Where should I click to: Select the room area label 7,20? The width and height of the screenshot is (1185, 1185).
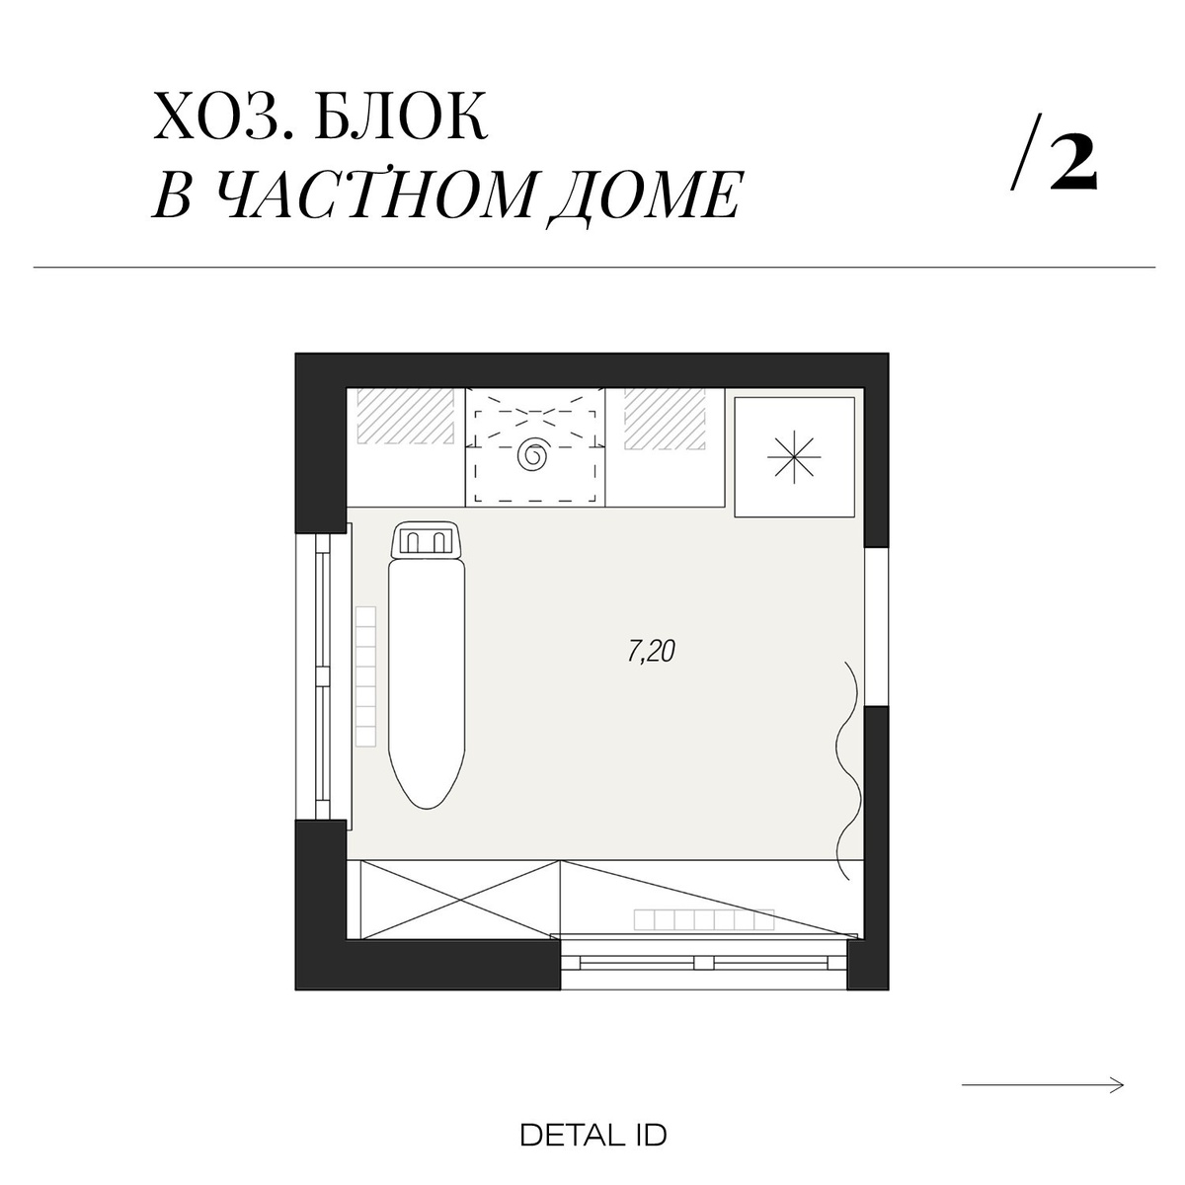pos(651,652)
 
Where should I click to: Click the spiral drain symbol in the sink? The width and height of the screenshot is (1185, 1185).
pos(535,454)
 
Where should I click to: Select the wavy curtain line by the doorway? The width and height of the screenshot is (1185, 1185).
pos(846,770)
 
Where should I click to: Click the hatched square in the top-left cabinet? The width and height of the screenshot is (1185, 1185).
pos(405,416)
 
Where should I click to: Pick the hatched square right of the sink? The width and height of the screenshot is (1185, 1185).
pos(664,416)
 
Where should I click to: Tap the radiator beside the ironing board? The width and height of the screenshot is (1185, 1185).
pos(366,676)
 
